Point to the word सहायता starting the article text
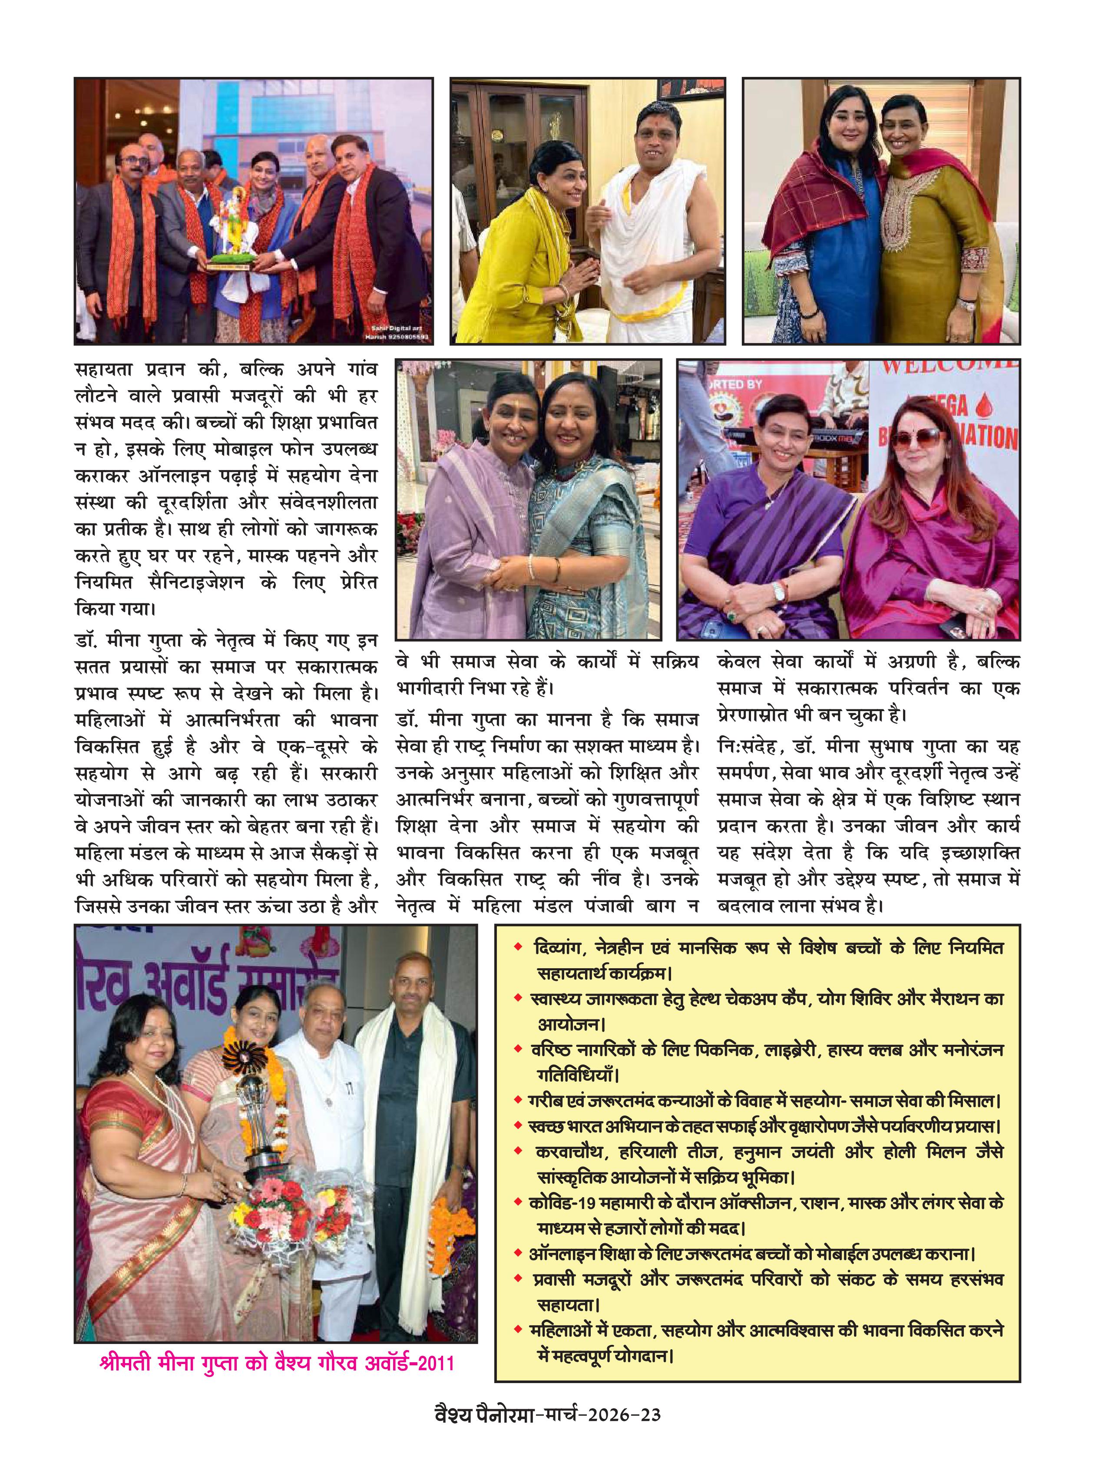click(104, 370)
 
